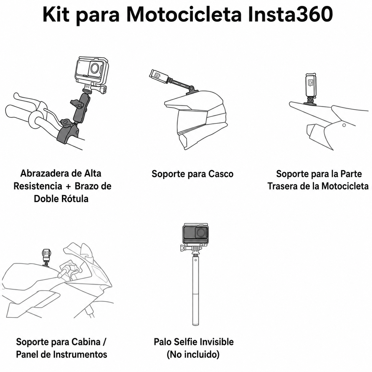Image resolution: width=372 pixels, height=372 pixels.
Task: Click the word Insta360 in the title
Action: click(x=290, y=15)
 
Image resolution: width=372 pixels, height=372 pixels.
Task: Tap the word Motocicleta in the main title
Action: click(x=184, y=15)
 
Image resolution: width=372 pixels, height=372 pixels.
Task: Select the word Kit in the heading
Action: click(x=56, y=15)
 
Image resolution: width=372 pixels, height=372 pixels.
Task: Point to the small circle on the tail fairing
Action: click(x=344, y=125)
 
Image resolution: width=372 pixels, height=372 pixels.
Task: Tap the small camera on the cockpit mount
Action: click(x=47, y=255)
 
